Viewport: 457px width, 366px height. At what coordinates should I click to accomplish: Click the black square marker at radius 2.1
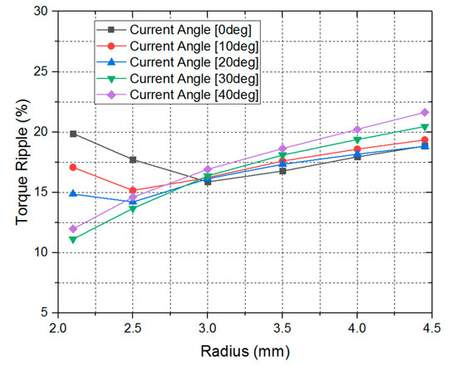point(73,133)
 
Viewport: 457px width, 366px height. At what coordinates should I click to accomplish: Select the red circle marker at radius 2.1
point(73,167)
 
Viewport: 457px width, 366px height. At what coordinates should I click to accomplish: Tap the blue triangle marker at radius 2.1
point(73,193)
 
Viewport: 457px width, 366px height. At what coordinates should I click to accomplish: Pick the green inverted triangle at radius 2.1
point(73,240)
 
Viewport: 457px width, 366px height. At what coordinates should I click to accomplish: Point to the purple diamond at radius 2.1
point(73,228)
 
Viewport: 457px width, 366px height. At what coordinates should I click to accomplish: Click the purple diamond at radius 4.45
point(425,112)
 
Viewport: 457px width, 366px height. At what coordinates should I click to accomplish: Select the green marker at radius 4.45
point(425,127)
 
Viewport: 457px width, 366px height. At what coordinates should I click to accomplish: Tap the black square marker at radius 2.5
point(133,159)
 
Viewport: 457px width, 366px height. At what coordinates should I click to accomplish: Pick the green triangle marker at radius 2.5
point(133,208)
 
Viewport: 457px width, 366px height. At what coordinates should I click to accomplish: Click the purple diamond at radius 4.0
point(357,129)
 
